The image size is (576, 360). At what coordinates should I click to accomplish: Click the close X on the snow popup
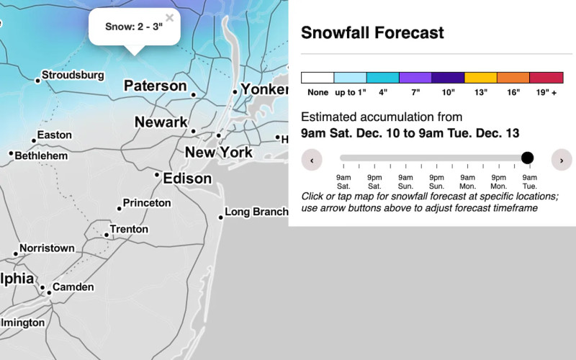pos(169,17)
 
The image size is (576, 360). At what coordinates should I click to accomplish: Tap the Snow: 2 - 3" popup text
pos(134,27)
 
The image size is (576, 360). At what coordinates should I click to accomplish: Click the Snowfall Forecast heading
pos(372,32)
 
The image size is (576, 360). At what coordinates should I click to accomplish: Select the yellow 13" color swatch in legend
pos(481,78)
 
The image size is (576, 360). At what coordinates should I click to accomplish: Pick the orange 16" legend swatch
pos(513,78)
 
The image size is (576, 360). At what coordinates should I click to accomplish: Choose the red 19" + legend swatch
pos(546,78)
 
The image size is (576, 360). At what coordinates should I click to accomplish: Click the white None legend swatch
pos(318,78)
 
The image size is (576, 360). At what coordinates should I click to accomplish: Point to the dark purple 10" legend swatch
pos(448,78)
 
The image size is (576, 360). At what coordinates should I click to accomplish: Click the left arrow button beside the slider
pos(312,160)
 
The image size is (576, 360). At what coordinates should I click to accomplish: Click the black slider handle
pos(527,158)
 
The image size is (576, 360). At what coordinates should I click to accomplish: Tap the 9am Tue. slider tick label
pos(529,181)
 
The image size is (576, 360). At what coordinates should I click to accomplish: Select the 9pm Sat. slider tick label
pos(374,181)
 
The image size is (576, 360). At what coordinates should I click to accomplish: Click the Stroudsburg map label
pos(73,75)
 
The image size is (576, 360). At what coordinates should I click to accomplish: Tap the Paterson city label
pos(155,86)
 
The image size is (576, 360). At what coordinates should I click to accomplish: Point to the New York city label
pos(219,152)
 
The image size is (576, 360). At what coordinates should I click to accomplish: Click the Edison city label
pos(187,178)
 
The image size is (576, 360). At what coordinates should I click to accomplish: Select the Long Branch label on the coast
pos(256,212)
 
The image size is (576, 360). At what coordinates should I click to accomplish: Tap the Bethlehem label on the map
pos(41,156)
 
